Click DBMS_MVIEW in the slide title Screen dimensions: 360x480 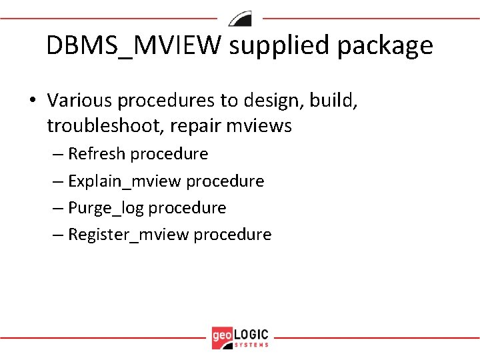pyautogui.click(x=136, y=46)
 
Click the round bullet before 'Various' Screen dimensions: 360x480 pyautogui.click(x=32, y=100)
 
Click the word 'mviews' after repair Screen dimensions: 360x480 pyautogui.click(x=263, y=126)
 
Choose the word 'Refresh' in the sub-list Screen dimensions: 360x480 pyautogui.click(x=97, y=154)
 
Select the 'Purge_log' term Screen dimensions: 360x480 pyautogui.click(x=106, y=208)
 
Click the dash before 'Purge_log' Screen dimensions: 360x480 pyautogui.click(x=58, y=209)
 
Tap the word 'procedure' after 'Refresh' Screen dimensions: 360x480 pyautogui.click(x=169, y=154)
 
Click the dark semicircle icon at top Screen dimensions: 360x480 pyautogui.click(x=240, y=19)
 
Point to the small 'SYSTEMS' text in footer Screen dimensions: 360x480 pyautogui.click(x=252, y=344)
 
